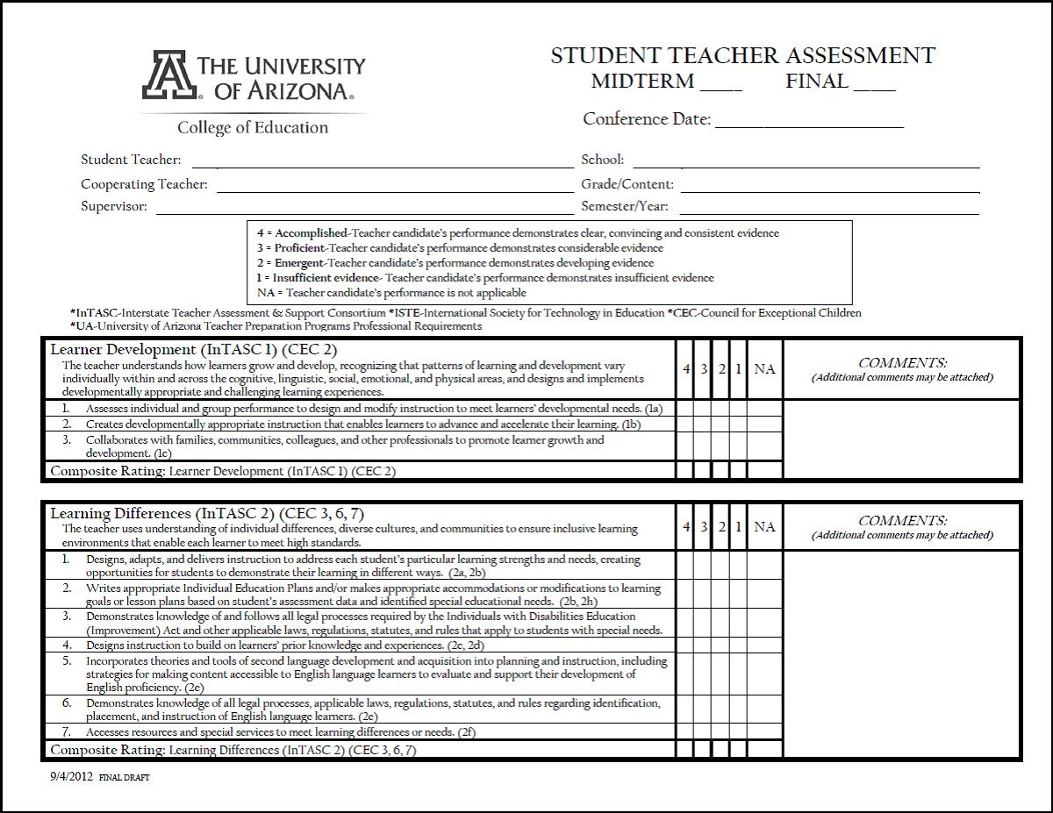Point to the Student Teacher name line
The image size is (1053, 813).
382,164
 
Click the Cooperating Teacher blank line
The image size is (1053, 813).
394,189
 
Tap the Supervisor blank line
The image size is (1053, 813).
364,211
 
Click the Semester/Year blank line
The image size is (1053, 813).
828,211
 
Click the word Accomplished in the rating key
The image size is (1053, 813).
312,233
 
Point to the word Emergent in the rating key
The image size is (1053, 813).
298,263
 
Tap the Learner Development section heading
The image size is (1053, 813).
193,349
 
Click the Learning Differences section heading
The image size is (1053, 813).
207,513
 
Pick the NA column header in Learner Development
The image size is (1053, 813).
764,369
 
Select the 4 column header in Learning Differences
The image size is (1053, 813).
686,527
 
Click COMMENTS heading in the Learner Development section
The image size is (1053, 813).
902,362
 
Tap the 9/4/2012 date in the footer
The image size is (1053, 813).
71,777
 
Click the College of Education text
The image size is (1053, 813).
253,128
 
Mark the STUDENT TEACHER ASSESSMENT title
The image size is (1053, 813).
742,56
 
